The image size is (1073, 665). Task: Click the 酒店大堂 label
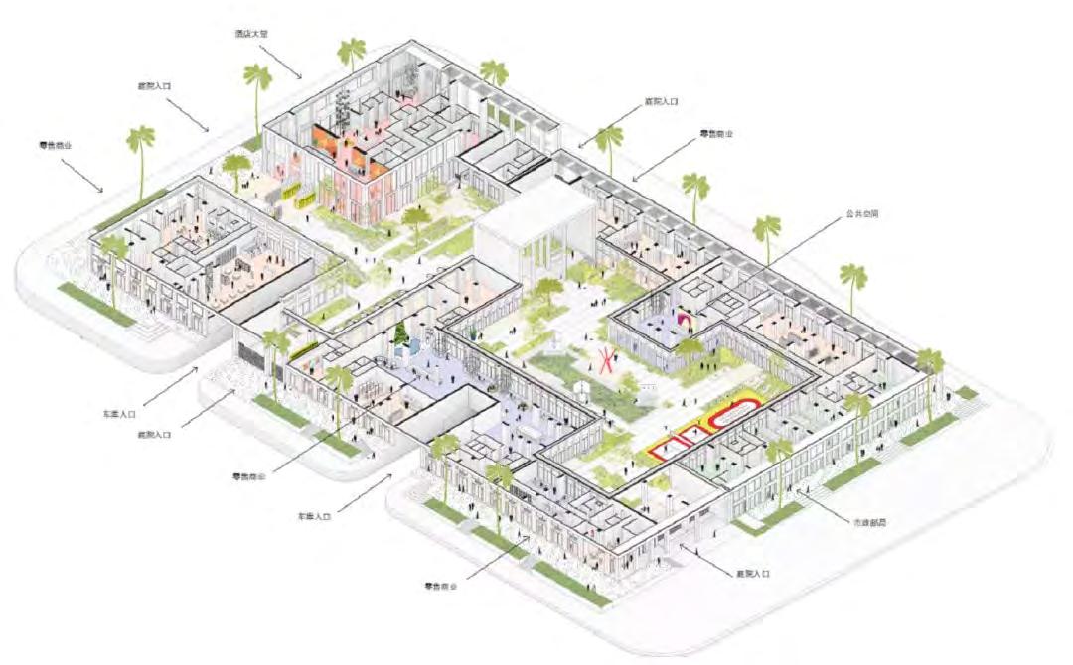pos(252,34)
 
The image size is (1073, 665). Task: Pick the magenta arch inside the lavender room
pos(686,319)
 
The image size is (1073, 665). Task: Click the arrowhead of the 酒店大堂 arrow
pos(301,77)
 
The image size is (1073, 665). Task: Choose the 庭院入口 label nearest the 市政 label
pos(753,575)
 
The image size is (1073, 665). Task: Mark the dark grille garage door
pos(248,355)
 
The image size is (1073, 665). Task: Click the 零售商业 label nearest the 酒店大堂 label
pos(57,145)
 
